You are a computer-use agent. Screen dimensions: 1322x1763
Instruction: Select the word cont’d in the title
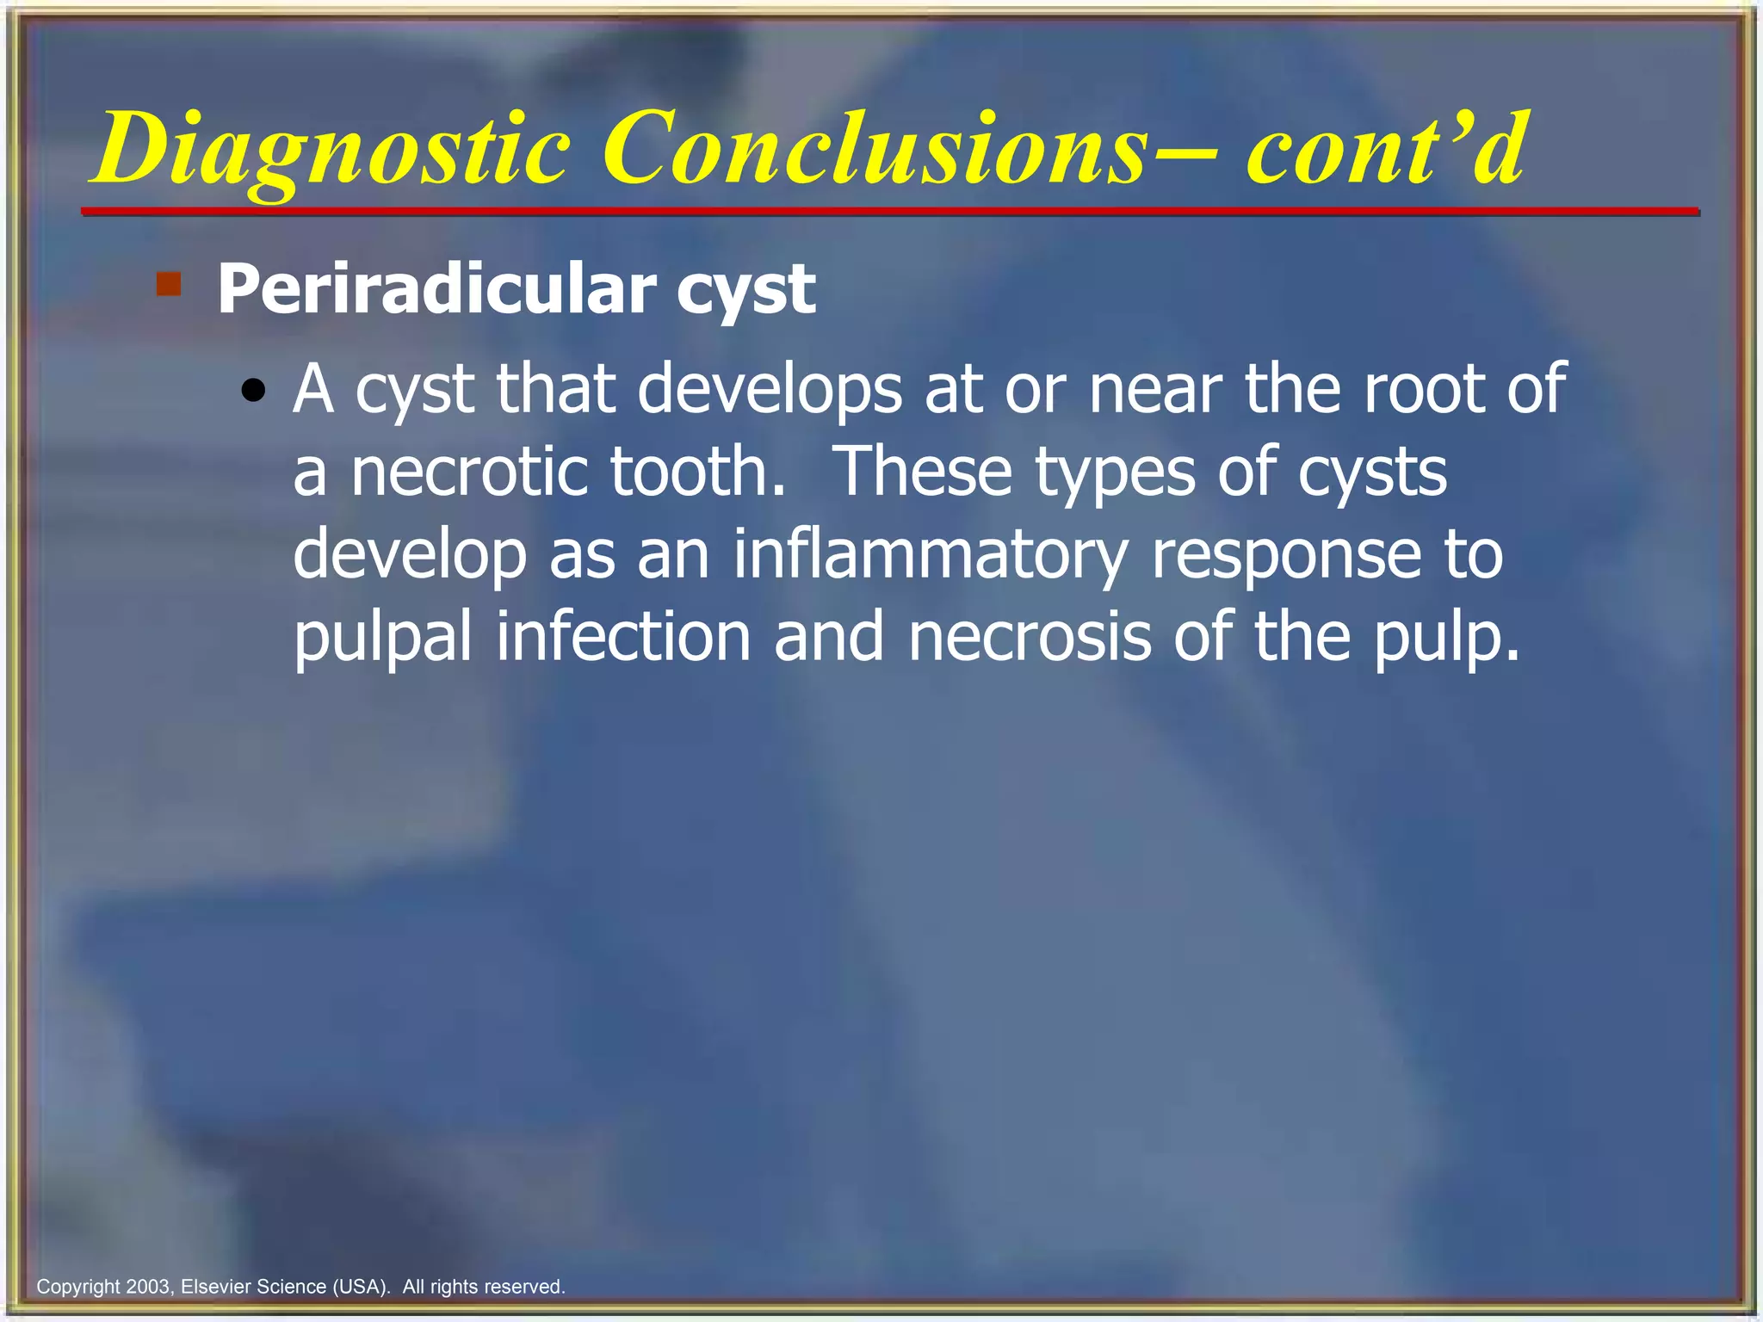[x=1386, y=148]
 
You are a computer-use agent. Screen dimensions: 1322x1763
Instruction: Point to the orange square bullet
[x=169, y=284]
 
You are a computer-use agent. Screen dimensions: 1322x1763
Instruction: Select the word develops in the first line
[x=770, y=389]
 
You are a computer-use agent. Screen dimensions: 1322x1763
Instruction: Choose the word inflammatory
[x=930, y=555]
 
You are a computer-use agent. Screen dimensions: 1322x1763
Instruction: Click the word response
[x=1286, y=555]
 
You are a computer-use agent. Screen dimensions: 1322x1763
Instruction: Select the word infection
[x=623, y=637]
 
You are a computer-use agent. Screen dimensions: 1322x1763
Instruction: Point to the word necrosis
[x=1030, y=637]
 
